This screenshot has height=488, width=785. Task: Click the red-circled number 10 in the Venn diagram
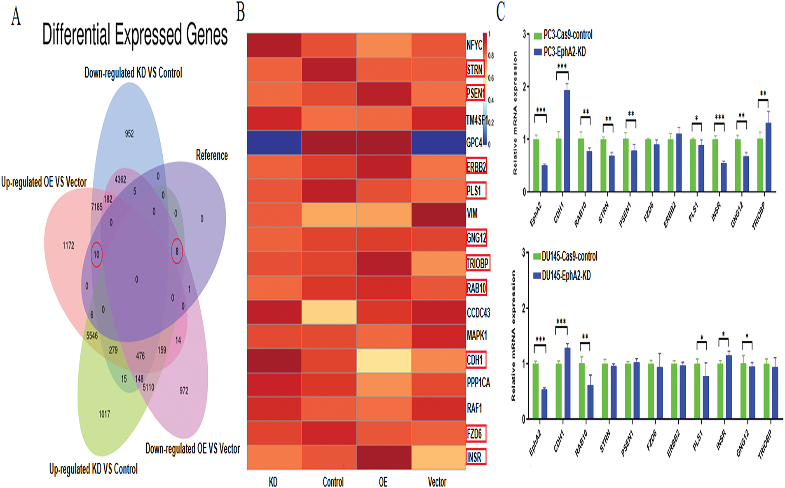(x=96, y=255)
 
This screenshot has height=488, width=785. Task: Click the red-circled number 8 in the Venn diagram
(x=177, y=250)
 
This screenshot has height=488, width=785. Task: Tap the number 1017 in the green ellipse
(x=104, y=414)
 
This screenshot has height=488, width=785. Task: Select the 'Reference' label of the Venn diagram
(x=212, y=156)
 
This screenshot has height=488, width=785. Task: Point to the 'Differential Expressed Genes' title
(x=135, y=35)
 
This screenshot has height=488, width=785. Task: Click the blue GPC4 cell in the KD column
(x=274, y=143)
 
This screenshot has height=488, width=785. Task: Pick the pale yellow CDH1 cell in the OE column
(x=384, y=361)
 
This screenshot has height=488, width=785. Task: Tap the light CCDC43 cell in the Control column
(x=329, y=312)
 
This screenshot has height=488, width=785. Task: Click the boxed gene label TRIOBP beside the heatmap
(x=478, y=263)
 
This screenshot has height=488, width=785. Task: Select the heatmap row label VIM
(x=472, y=214)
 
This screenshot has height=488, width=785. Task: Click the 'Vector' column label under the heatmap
(x=437, y=481)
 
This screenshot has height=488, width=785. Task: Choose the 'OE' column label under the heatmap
(x=383, y=481)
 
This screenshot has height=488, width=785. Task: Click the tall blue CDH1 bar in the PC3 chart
(x=567, y=140)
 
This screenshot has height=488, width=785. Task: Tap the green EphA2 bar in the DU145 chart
(x=536, y=391)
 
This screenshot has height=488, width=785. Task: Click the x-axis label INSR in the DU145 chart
(x=721, y=440)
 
